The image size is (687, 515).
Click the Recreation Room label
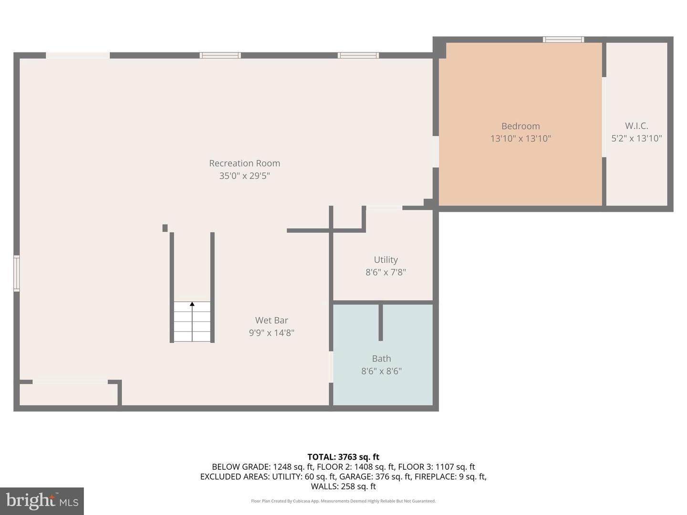point(244,163)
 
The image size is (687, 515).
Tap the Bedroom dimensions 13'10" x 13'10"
point(520,138)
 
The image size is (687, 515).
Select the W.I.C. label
point(636,126)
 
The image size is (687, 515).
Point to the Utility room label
point(386,259)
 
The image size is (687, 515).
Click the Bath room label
point(382,358)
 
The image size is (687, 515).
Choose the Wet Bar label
point(271,320)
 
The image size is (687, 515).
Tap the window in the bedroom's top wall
point(563,40)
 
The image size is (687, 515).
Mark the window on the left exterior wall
point(17,273)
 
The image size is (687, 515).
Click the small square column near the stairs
point(165,228)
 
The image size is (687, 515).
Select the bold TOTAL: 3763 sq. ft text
point(343,457)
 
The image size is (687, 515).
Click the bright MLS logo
point(42,501)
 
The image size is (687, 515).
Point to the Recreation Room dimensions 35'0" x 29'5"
point(244,176)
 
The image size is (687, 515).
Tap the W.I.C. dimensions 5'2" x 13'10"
point(636,138)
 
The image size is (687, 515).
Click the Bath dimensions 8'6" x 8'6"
point(382,371)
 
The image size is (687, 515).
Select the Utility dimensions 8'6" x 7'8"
point(386,272)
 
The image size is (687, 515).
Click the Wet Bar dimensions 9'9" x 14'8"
point(271,333)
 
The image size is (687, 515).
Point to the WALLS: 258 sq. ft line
point(343,486)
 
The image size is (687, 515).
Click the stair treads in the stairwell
point(192,321)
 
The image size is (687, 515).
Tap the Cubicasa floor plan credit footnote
point(343,501)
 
